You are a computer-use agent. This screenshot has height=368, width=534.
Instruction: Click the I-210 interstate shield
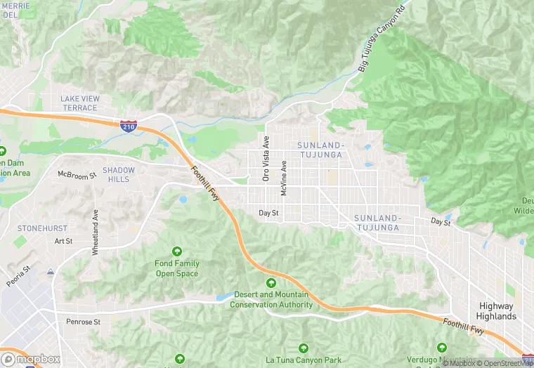click(128, 127)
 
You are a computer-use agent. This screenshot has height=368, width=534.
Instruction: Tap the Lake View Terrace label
click(79, 103)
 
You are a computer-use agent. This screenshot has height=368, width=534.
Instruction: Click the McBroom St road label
click(77, 175)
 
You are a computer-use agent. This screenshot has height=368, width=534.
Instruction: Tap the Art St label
click(63, 241)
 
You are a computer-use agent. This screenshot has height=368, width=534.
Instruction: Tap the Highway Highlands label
click(497, 311)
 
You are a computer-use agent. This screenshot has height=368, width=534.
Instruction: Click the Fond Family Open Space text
click(177, 268)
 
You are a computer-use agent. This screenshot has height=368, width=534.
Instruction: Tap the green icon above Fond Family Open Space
click(177, 251)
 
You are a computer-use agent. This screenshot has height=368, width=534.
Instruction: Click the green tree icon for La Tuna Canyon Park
click(304, 348)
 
